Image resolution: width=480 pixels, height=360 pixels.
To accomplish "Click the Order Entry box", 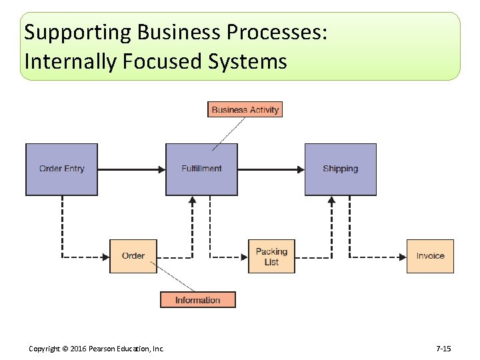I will tap(61, 169).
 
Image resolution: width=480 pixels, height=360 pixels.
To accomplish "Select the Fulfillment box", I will tap(201, 169).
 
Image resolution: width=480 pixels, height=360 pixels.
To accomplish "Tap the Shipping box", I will tap(340, 169).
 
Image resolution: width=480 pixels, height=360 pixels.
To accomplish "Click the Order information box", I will tap(133, 256).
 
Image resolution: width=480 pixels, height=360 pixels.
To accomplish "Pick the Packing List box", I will tap(271, 257).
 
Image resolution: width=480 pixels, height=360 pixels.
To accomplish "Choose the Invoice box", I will tap(430, 256).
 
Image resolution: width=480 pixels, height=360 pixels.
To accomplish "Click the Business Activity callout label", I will tap(245, 109).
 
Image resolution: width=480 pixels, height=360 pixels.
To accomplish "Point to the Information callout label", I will tap(197, 300).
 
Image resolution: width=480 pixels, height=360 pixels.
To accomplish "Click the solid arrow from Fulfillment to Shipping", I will tap(271, 169).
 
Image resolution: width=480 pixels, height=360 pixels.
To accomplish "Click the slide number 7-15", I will tap(443, 349).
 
